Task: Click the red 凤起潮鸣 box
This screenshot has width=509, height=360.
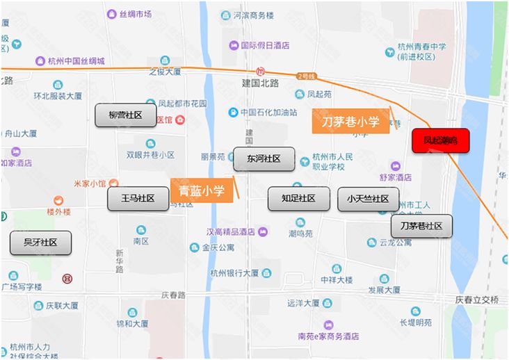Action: (440, 140)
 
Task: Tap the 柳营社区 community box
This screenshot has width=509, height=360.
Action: (125, 115)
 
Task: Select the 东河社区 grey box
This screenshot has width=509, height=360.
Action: (264, 159)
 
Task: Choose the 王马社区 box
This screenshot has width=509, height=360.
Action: (138, 199)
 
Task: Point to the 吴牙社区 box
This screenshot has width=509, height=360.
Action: (40, 243)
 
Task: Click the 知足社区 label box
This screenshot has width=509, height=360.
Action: (298, 199)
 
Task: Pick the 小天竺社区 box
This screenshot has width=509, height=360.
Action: (368, 199)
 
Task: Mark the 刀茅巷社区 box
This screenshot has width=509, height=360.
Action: (421, 227)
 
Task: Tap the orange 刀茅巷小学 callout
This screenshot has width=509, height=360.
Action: (350, 122)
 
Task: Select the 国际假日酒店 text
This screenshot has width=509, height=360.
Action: (265, 46)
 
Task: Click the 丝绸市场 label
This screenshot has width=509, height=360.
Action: (135, 14)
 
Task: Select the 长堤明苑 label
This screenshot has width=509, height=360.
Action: (415, 322)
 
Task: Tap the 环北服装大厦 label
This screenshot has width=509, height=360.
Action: (58, 96)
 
